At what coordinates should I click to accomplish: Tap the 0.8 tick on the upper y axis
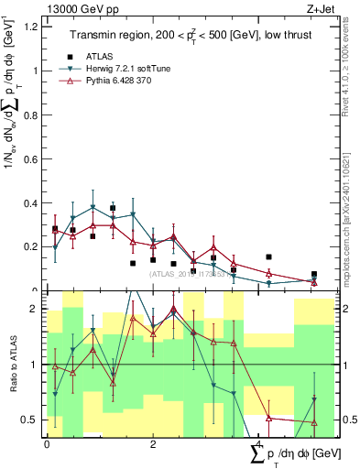(34, 115)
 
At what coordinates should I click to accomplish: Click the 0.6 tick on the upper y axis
(34, 158)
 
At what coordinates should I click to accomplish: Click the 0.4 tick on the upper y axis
(34, 202)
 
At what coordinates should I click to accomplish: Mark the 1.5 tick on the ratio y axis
(34, 336)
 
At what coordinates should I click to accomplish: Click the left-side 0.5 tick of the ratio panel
(34, 420)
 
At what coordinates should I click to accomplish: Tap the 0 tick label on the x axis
(47, 443)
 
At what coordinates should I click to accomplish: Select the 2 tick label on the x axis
(150, 443)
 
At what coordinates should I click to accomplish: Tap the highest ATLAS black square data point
(113, 208)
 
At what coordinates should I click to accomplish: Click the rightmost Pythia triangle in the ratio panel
(314, 422)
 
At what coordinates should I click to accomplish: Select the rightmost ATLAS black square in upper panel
(314, 274)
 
